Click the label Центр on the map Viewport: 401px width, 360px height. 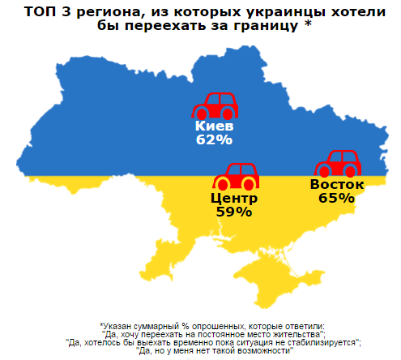coord(234,198)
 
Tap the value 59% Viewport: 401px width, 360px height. coord(234,211)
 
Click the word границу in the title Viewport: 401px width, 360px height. coord(258,25)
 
